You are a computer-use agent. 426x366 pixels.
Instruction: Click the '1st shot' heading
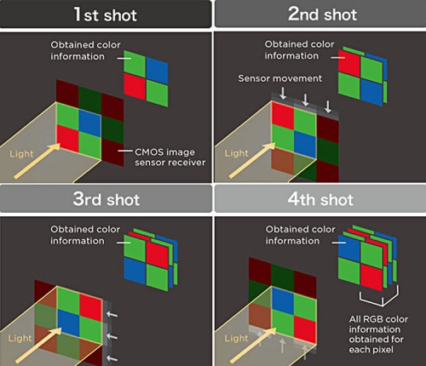tap(106, 14)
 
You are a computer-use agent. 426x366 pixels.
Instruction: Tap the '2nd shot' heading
tap(319, 14)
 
